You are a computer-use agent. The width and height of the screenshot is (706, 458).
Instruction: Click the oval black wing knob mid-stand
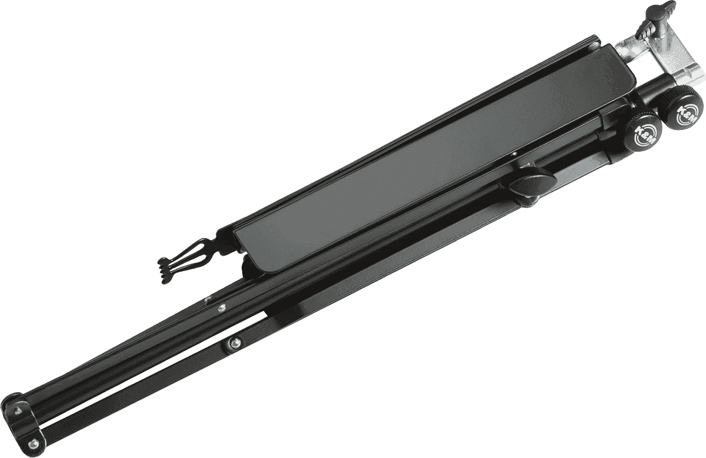coord(532,186)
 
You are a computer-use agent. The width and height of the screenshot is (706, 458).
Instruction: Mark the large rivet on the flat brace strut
coord(234,343)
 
